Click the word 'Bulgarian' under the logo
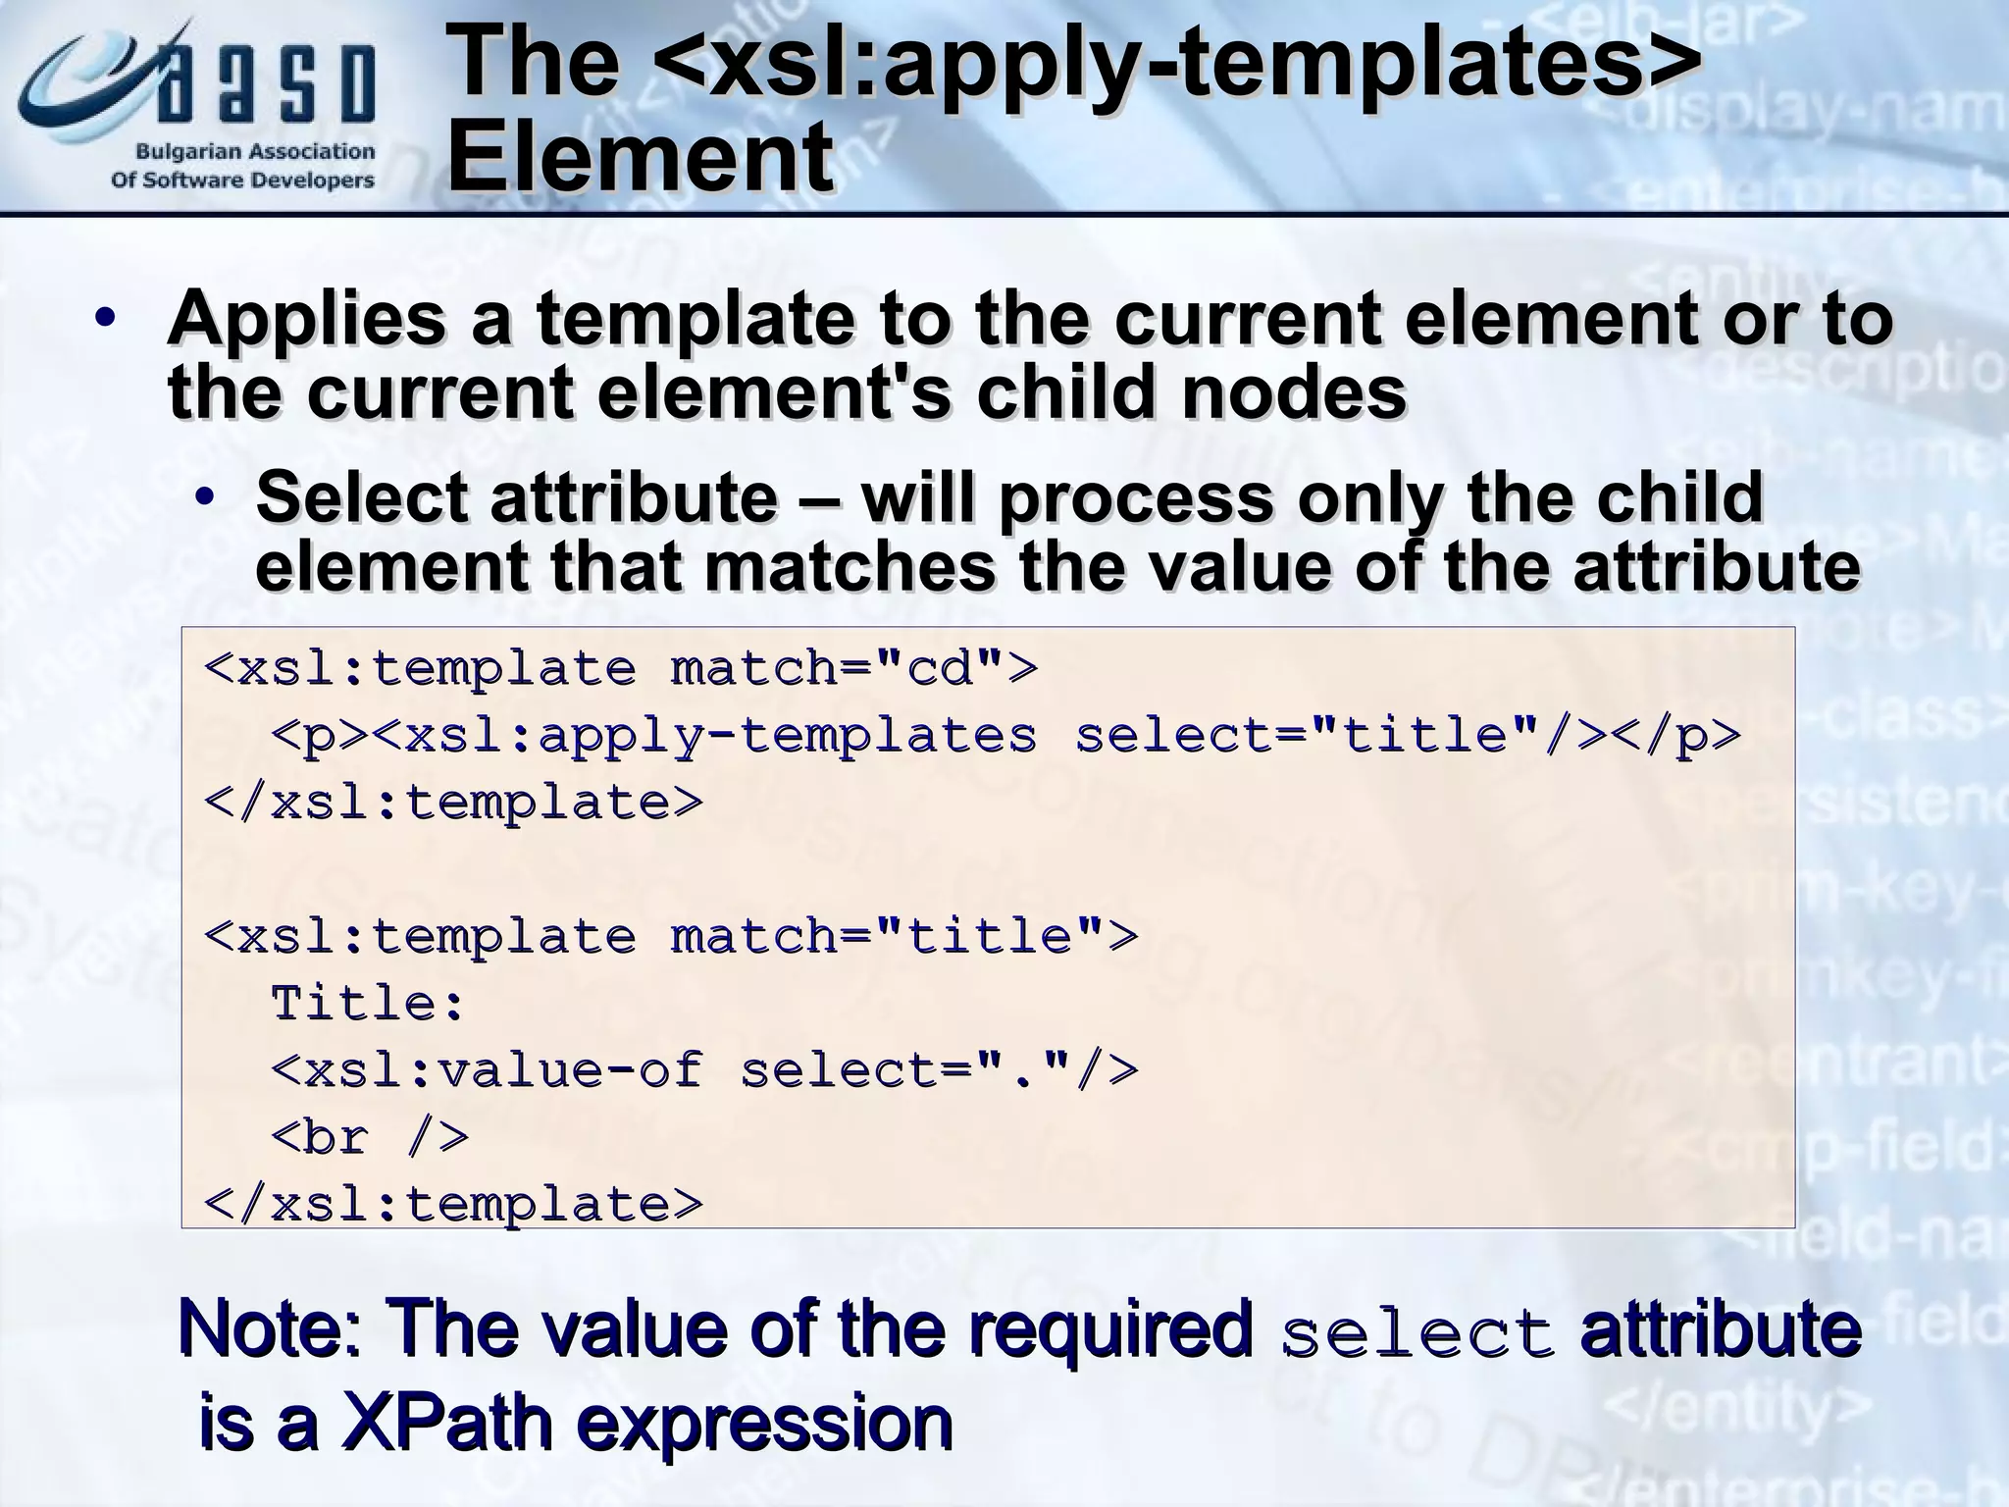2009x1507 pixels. pyautogui.click(x=183, y=152)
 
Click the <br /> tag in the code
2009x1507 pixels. pyautogui.click(x=369, y=1136)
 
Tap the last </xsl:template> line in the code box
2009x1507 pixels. pyautogui.click(x=453, y=1203)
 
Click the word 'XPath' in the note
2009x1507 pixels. pyautogui.click(x=445, y=1423)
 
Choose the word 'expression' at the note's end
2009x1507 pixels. pyautogui.click(x=764, y=1423)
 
